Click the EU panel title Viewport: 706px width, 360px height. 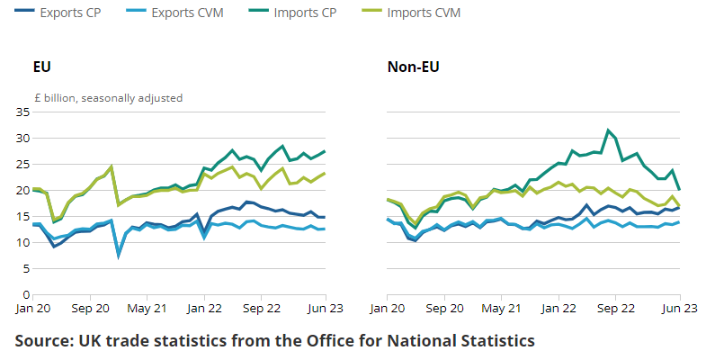click(x=41, y=67)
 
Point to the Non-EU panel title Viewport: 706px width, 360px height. click(x=413, y=67)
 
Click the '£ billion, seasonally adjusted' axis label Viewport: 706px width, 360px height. click(x=107, y=97)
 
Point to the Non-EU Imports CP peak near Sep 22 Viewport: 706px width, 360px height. click(x=609, y=130)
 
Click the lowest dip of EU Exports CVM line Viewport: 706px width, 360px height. click(x=119, y=256)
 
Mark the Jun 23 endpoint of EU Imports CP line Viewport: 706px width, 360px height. click(x=325, y=151)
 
